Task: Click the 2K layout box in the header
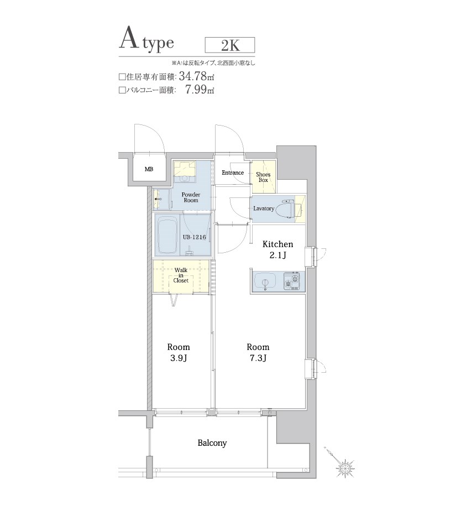(230, 45)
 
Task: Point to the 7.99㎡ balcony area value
(199, 89)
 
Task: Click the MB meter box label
(149, 169)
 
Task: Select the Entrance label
(233, 173)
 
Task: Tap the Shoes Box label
(263, 177)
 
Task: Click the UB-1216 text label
(194, 237)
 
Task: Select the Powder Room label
(191, 197)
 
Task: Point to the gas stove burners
(292, 281)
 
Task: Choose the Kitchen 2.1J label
(278, 249)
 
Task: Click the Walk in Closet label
(181, 275)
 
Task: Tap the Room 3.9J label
(179, 352)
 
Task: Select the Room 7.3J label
(258, 352)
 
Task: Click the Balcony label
(212, 443)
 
